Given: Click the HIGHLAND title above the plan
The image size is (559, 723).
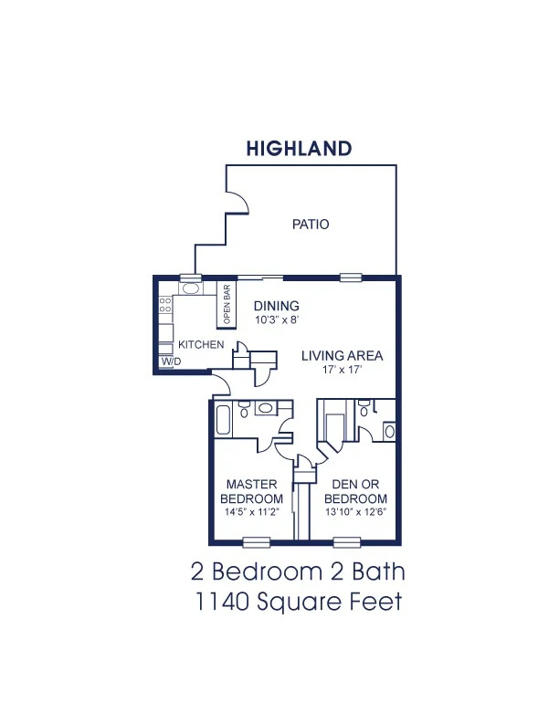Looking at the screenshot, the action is coord(299,149).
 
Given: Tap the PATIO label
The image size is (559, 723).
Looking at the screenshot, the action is coord(311,225).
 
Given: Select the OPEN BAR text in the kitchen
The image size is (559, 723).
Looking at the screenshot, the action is coord(227,304).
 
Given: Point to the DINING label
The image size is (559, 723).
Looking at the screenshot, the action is coord(276,306).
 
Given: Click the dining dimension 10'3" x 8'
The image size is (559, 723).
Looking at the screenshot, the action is coord(277,320).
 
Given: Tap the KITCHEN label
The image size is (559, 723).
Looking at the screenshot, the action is coord(201,344).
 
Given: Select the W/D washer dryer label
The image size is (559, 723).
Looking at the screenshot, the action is coord(171,361).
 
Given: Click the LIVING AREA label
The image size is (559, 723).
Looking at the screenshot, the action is coord(343,355).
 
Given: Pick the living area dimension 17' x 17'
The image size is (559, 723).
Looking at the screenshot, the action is coord(342,370).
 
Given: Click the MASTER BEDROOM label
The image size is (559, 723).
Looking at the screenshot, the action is coord(251,491).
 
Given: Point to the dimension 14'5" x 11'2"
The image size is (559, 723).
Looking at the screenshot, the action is coord(252,512).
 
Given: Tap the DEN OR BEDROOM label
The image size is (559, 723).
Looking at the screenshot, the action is coord(355,491).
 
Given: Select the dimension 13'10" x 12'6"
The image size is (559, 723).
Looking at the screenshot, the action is coord(355,512).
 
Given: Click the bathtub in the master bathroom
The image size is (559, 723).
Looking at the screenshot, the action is coord(223,420).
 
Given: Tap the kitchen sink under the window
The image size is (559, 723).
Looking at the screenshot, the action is coord(190,289).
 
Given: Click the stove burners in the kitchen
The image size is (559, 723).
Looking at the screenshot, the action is coord(165,305).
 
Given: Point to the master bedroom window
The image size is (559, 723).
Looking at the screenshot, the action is coord(257,542).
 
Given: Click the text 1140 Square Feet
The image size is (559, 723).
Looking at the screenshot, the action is coord(299,602).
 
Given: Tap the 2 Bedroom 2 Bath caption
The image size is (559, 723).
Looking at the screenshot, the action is coord(298,571).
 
